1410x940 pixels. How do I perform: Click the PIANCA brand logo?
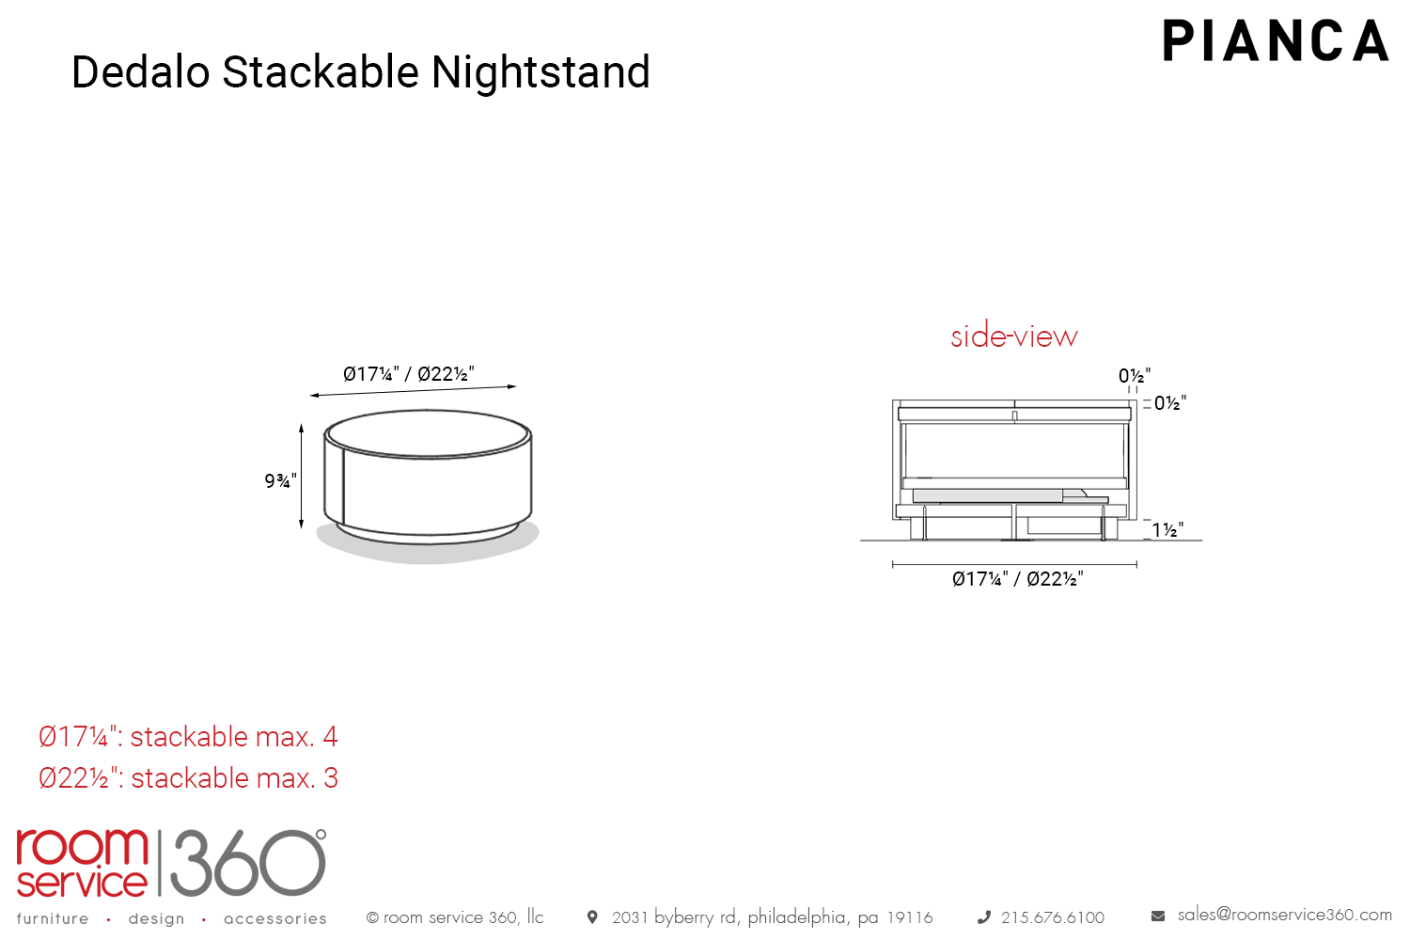(x=1276, y=40)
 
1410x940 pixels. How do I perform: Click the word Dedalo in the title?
(x=140, y=71)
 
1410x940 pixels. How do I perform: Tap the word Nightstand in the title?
(x=540, y=71)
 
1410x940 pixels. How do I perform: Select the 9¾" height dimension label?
(x=280, y=481)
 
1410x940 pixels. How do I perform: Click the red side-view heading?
(x=1014, y=337)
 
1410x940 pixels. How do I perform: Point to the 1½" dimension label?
(x=1167, y=530)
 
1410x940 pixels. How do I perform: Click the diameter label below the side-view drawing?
(x=1018, y=579)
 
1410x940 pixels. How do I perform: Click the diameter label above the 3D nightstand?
(x=409, y=374)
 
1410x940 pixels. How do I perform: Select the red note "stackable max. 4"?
(x=233, y=737)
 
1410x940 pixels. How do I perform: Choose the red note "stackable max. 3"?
(x=234, y=778)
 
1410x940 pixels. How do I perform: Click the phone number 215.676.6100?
(x=1053, y=917)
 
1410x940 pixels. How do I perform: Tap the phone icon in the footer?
(x=984, y=918)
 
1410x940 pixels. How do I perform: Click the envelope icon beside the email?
(x=1157, y=916)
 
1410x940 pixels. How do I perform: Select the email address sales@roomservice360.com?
(x=1285, y=915)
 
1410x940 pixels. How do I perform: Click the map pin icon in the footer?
(x=592, y=917)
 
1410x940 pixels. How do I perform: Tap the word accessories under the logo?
(x=275, y=919)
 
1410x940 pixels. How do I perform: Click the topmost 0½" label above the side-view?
(x=1135, y=376)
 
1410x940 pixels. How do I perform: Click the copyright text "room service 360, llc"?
(x=463, y=917)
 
